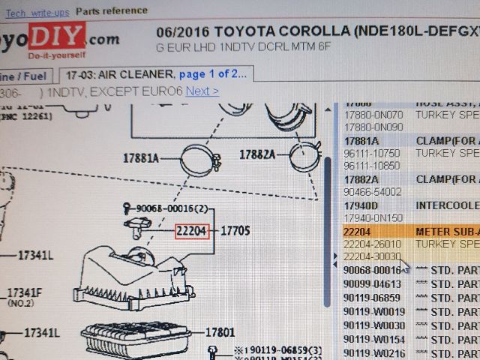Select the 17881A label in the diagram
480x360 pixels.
click(141, 158)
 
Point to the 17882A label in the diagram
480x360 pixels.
click(257, 154)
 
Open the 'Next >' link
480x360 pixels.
click(202, 91)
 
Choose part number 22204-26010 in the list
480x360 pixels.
click(373, 244)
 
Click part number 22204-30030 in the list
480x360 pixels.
click(373, 256)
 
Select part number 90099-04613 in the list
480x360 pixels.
click(373, 284)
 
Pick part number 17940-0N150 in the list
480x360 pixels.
click(373, 217)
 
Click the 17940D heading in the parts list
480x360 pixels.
click(361, 205)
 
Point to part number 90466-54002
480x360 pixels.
click(373, 192)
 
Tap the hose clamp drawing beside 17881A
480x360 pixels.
click(199, 158)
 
